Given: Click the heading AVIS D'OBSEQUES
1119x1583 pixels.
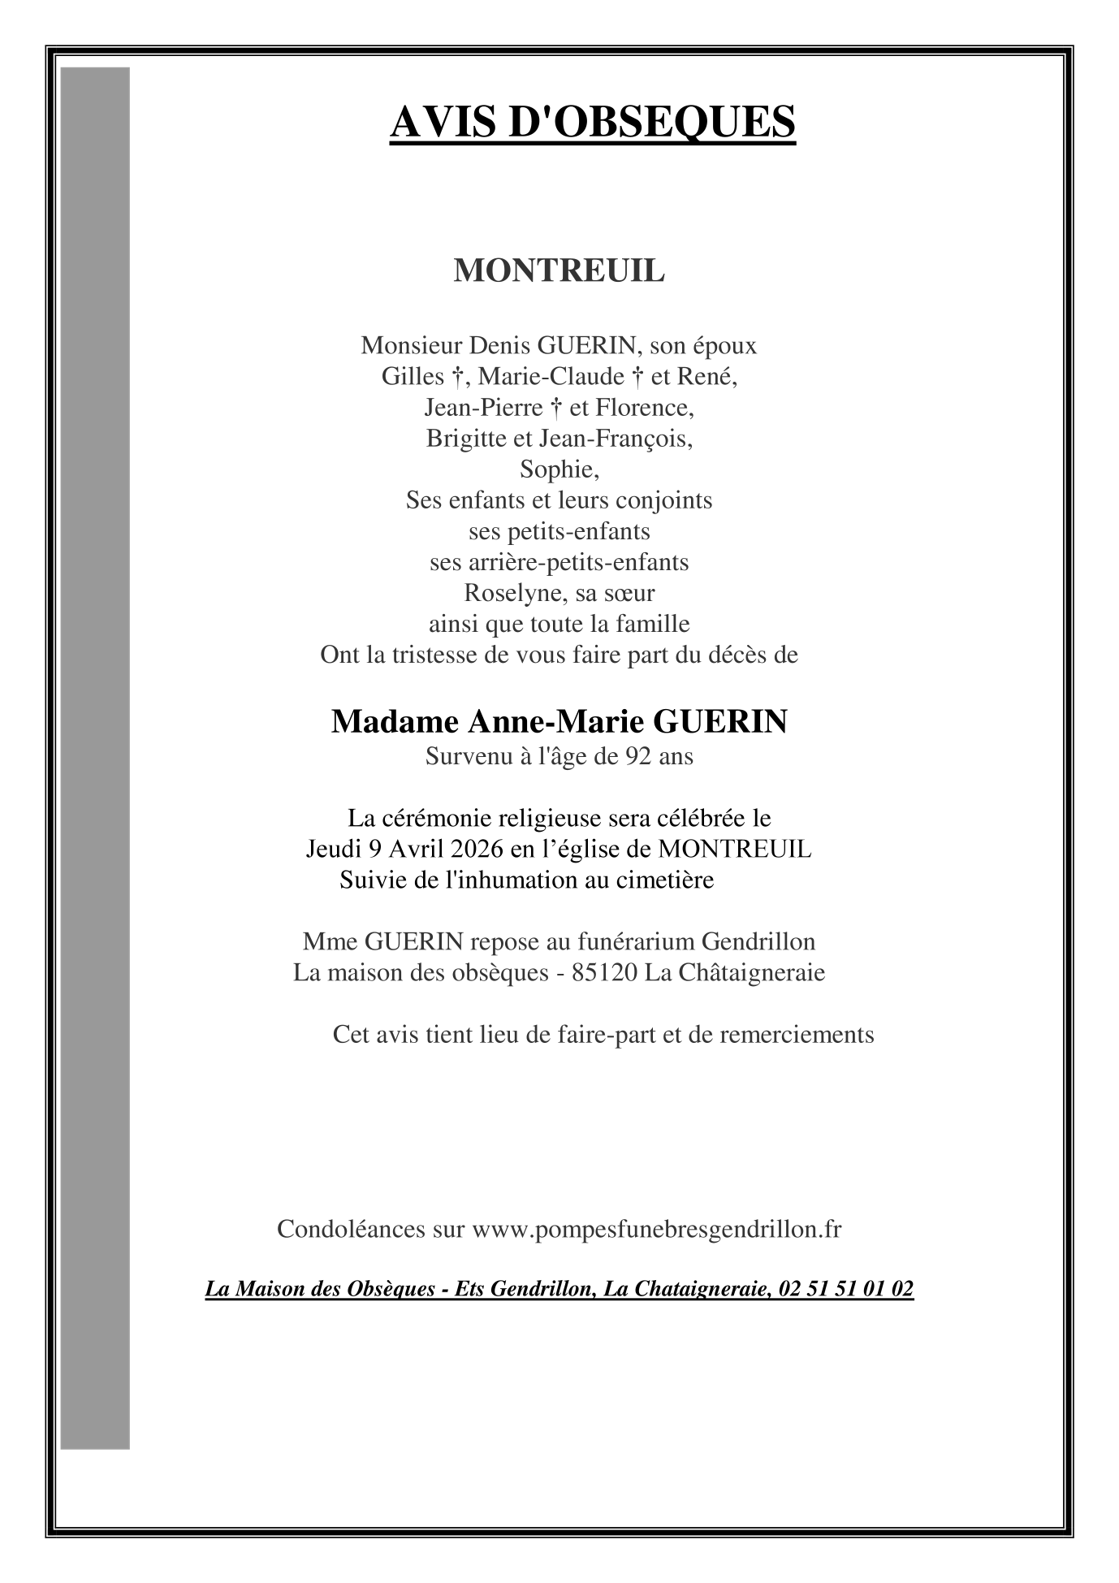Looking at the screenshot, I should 592,123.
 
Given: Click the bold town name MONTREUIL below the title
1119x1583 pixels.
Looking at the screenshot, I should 559,271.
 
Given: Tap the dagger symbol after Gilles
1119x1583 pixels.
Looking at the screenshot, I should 456,377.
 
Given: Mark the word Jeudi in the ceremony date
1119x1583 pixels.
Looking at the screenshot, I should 333,850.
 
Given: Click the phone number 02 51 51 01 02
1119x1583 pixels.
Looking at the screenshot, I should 845,1289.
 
